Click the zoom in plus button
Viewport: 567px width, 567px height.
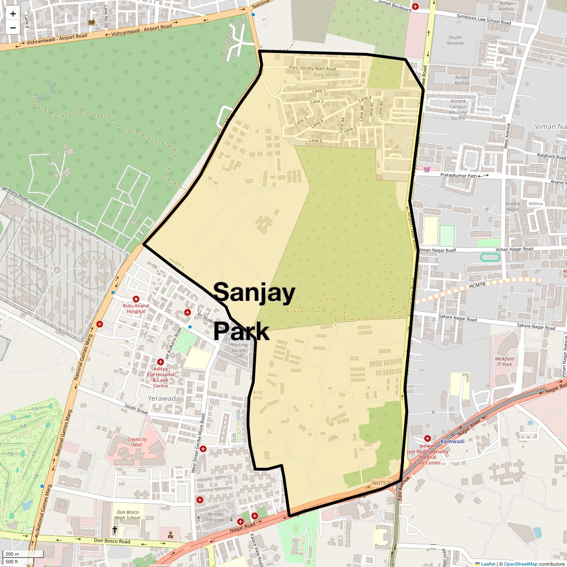[13, 14]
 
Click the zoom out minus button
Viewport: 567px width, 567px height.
[13, 27]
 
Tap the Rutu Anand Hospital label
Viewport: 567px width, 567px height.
[136, 309]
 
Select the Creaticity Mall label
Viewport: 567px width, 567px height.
[137, 442]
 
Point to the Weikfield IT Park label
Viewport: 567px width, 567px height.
[504, 361]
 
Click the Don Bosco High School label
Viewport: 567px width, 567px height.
[128, 515]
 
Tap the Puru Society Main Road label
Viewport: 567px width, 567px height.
[313, 69]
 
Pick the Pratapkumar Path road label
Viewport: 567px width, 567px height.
[459, 175]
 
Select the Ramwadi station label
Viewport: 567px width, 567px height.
[452, 441]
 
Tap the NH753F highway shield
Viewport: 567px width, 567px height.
[382, 482]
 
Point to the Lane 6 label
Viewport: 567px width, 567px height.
[316, 140]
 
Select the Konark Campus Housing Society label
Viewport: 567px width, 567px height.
[458, 110]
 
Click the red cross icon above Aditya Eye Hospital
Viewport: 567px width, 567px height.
[161, 362]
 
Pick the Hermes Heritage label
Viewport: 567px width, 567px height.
[215, 517]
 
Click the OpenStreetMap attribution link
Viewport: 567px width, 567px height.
[520, 564]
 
